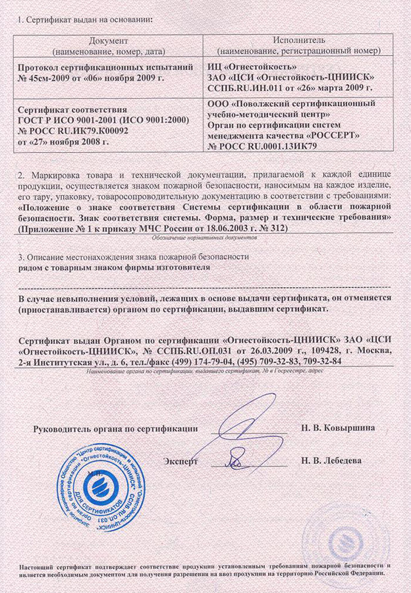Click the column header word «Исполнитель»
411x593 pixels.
[x=294, y=41]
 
